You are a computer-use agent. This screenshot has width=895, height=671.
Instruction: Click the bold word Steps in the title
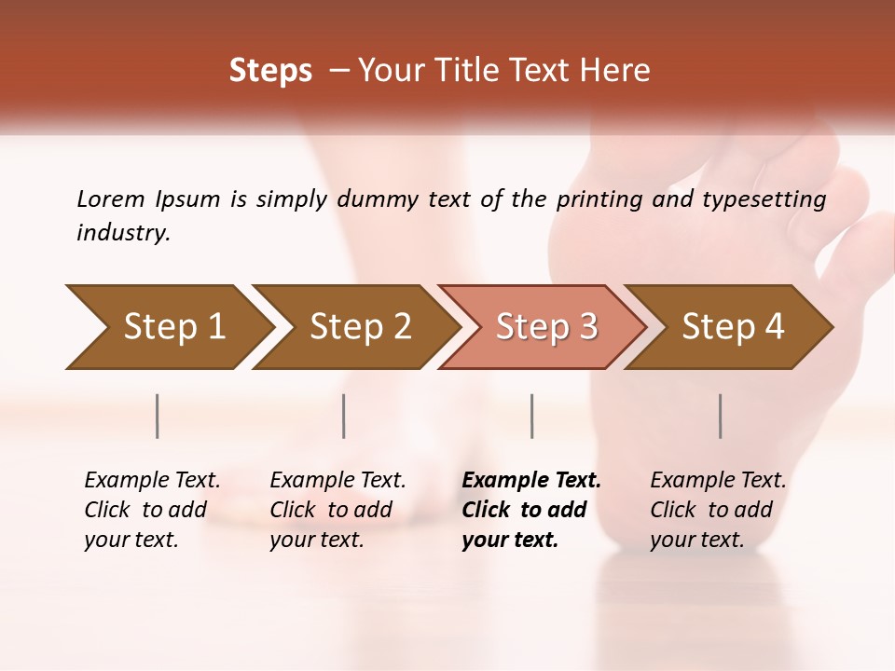coord(270,71)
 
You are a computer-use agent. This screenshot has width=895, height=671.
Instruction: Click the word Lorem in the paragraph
coord(111,199)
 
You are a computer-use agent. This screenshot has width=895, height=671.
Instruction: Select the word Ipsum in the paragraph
coord(187,199)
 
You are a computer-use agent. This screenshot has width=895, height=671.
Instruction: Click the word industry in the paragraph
coord(122,233)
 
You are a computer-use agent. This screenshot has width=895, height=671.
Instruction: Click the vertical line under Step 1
coord(158,416)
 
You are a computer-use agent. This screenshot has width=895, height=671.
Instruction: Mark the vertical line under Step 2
coord(344,416)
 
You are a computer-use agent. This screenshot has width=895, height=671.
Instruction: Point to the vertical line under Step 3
coord(531,416)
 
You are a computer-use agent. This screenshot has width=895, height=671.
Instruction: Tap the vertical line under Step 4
coord(720,416)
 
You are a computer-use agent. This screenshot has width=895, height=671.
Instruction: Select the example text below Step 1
coord(152,510)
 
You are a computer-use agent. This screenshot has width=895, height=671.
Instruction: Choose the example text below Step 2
coord(337,510)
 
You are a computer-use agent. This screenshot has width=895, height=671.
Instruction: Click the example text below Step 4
coord(718,510)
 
